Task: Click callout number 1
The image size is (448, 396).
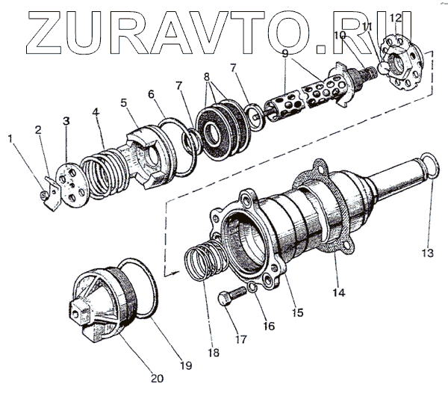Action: tap(10, 138)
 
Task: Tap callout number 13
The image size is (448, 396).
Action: tap(426, 253)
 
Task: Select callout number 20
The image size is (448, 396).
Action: tap(157, 378)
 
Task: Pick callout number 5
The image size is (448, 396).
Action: tap(124, 102)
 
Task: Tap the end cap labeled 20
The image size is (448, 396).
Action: tap(105, 303)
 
